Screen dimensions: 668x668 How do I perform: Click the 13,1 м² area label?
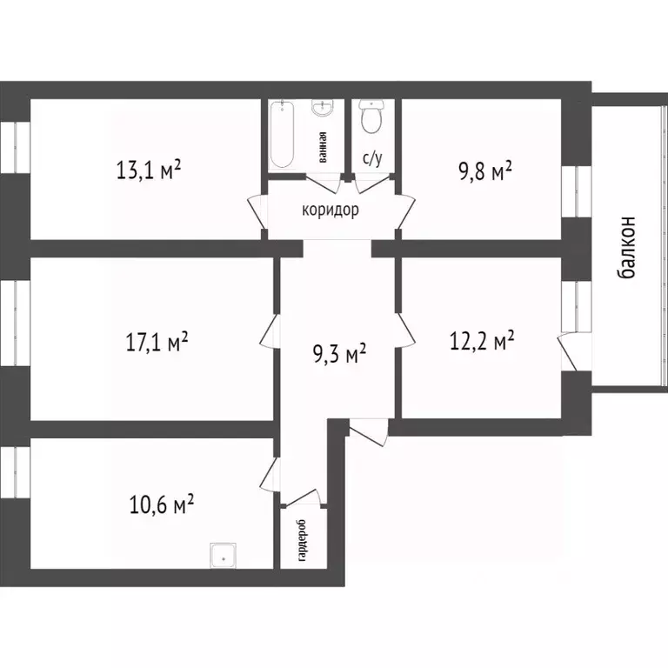[148, 169]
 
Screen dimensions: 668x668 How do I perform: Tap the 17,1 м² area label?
[157, 342]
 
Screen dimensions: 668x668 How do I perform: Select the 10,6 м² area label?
[161, 504]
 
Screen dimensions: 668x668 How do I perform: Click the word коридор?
[331, 210]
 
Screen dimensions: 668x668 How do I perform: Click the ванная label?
[322, 149]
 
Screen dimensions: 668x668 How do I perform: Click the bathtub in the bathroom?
[283, 136]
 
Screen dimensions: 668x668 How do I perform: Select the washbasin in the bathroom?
[323, 110]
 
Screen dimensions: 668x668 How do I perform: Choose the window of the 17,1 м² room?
[15, 323]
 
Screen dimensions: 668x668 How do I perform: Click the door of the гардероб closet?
[304, 497]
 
